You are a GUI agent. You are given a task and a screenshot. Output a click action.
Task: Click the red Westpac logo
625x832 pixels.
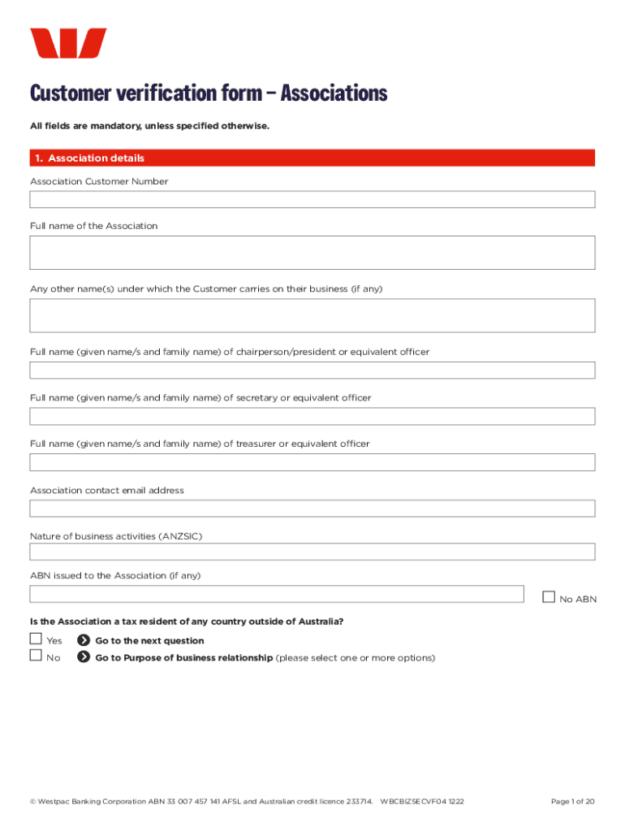(x=68, y=43)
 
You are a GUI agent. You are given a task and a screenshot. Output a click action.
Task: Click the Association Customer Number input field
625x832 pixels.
(x=312, y=200)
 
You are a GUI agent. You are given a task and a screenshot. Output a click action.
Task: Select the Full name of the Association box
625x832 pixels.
(x=312, y=253)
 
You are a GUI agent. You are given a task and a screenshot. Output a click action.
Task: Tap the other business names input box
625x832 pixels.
(x=312, y=315)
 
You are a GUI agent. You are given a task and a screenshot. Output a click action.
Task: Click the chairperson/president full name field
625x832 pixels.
(x=312, y=370)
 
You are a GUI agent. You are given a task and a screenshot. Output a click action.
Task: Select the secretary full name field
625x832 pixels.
(x=312, y=417)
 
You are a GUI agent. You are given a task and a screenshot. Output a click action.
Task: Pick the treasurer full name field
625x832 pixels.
(x=312, y=462)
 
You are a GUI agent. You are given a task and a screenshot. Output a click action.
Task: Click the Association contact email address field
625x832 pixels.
(x=312, y=509)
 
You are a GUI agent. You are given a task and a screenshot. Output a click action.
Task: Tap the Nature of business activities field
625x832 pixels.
(x=312, y=552)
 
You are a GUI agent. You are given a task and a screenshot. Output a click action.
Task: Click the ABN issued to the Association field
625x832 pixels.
(x=277, y=594)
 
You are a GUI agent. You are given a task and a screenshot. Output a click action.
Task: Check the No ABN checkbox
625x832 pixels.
(x=549, y=597)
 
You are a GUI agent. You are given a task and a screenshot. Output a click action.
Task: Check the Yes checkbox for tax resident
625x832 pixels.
(x=36, y=639)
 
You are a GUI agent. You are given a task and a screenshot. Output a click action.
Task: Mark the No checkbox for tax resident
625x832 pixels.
(x=36, y=656)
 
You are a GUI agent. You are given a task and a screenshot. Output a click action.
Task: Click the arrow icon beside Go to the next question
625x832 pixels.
(x=83, y=640)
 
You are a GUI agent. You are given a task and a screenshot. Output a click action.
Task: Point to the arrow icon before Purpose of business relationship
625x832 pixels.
(x=83, y=657)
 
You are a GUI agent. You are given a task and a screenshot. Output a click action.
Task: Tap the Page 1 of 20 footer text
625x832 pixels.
(x=572, y=801)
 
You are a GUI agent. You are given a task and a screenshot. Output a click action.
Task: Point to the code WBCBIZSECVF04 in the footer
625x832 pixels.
(x=413, y=801)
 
